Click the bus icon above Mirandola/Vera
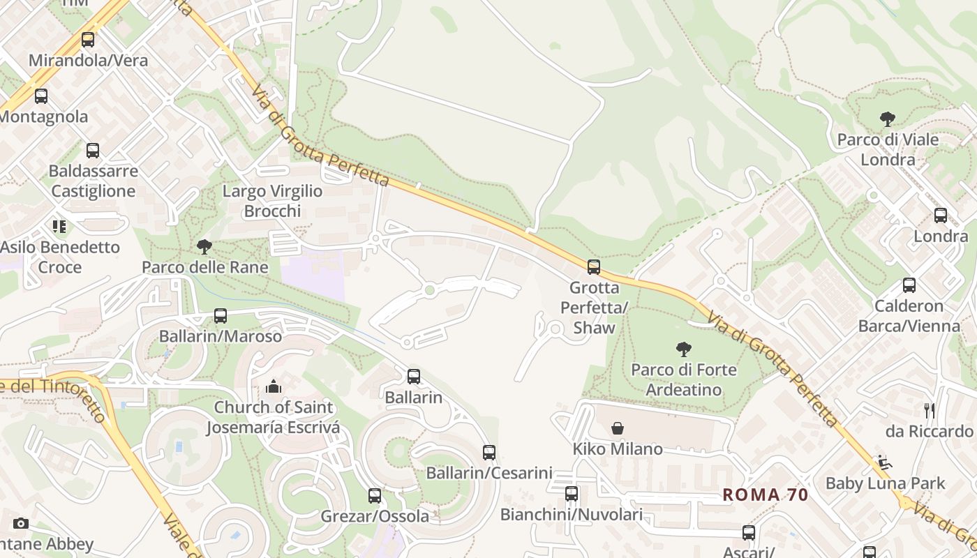[88, 40]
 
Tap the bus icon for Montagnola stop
[41, 96]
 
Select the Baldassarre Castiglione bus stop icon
[93, 151]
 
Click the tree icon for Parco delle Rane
[204, 246]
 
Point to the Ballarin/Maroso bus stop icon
[221, 315]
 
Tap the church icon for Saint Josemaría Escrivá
[274, 386]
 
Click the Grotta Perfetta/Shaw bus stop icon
[594, 267]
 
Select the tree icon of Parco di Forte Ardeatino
[683, 349]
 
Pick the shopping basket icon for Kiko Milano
[618, 428]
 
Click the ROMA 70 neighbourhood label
[765, 495]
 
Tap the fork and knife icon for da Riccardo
[929, 410]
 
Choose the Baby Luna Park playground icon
[884, 462]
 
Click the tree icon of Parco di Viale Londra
[888, 119]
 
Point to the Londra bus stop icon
[941, 216]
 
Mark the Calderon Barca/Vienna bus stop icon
[909, 285]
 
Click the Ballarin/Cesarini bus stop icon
[489, 452]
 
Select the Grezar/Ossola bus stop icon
[375, 496]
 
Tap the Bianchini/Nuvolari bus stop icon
[572, 494]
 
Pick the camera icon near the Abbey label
[21, 523]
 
